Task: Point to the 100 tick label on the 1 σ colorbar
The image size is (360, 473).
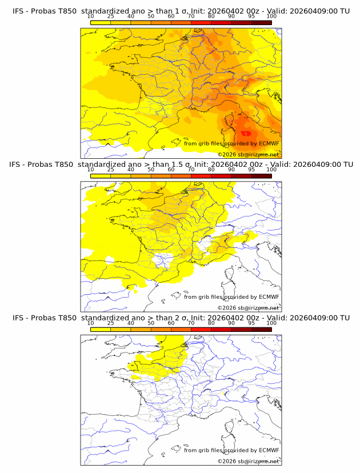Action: click(271, 16)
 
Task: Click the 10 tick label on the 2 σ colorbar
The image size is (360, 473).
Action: click(91, 323)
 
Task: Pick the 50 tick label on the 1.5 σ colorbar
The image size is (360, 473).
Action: click(151, 170)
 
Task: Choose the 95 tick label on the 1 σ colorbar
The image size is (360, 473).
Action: click(251, 16)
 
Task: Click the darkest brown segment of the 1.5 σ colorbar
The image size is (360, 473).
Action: click(261, 176)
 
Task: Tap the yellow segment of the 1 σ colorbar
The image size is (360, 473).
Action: click(101, 22)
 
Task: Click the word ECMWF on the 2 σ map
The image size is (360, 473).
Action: click(269, 450)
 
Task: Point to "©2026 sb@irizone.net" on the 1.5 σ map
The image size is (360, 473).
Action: click(249, 307)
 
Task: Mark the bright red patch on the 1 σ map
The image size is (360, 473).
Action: click(247, 133)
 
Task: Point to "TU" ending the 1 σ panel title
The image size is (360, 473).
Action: click(345, 11)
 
